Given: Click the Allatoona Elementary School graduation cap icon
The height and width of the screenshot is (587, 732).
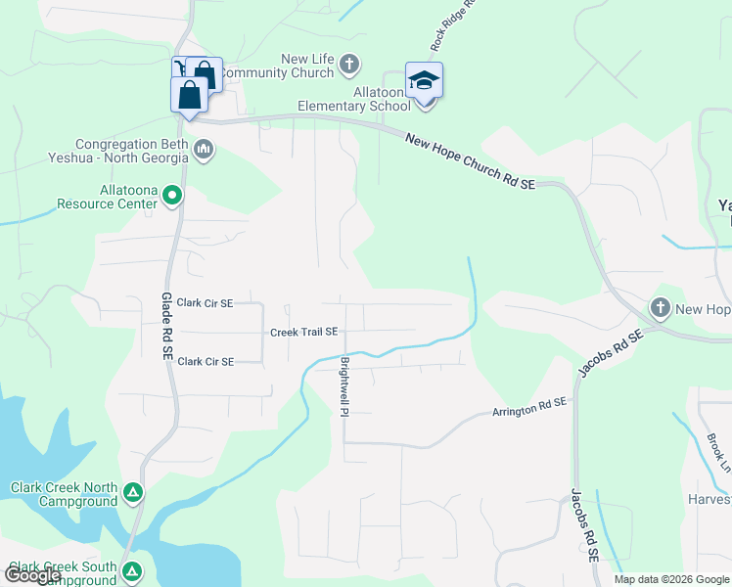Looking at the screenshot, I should coord(424,80).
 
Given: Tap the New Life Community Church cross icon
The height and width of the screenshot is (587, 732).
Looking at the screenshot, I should coord(349,67).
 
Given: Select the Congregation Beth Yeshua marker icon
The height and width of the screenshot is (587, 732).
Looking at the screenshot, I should coord(204,150).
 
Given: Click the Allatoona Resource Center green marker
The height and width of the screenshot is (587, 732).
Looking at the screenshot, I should coord(172,197).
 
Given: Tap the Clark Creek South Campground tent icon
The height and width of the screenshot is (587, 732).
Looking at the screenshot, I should coord(129,569).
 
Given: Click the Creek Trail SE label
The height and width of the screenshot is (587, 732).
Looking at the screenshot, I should coord(303,333).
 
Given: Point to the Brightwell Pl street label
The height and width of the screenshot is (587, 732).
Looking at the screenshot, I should coord(344,384).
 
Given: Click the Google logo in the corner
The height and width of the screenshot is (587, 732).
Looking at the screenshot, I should coord(32,574).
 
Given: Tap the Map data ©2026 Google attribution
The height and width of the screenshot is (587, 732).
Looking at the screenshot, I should coord(671,579).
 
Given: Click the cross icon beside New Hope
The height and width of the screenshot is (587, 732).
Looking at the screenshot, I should coord(660,309).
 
